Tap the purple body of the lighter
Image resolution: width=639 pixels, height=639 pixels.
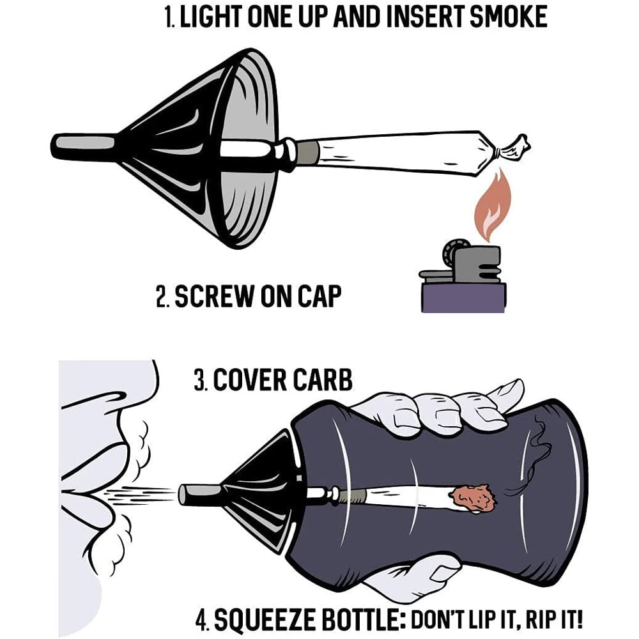463,297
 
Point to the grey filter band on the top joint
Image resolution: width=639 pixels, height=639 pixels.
307,152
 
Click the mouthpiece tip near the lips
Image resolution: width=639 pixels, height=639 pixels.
192,494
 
